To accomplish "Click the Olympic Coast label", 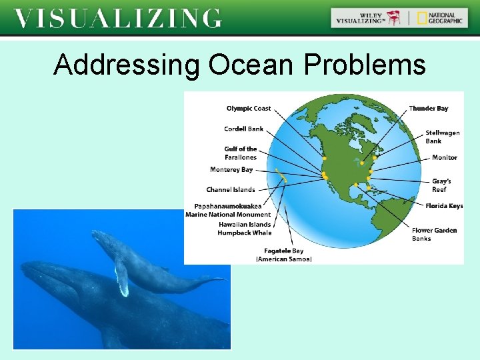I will (x=249, y=109).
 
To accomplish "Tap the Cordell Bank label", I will (x=243, y=129).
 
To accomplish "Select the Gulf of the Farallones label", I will (x=241, y=153).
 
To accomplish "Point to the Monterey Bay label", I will (x=231, y=170).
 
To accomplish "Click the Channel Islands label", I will (x=231, y=190).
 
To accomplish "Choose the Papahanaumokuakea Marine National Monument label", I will (x=228, y=211).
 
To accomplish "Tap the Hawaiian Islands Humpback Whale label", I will (x=245, y=229).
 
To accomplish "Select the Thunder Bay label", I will (x=429, y=109).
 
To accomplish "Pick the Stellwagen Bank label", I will (x=443, y=137).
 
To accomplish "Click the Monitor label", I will (x=445, y=157).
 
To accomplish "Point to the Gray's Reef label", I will (x=441, y=185).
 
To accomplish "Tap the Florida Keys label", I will (x=444, y=206).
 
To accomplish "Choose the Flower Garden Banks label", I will (x=434, y=234).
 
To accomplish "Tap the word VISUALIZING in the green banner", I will (x=118, y=18).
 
